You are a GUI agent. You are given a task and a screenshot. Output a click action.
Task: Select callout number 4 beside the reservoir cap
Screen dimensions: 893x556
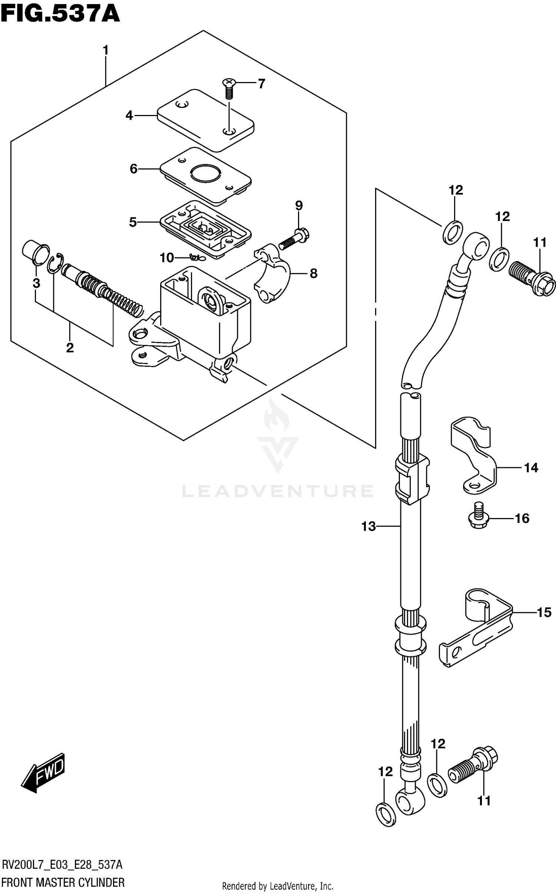click(x=129, y=116)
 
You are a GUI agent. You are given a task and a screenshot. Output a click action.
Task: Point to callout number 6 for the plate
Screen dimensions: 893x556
click(x=133, y=169)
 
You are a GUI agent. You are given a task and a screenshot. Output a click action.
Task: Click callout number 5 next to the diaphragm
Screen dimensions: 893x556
click(x=133, y=222)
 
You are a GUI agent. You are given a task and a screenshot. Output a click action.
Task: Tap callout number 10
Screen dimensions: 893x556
click(x=167, y=257)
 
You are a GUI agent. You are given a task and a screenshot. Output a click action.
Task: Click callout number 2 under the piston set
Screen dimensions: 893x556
click(x=70, y=347)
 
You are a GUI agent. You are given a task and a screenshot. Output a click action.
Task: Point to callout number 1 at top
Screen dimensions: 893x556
click(x=106, y=50)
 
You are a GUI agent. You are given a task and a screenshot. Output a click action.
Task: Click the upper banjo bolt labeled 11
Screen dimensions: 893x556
click(x=532, y=280)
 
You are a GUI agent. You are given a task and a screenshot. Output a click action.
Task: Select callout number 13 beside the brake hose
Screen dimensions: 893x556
click(x=368, y=526)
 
